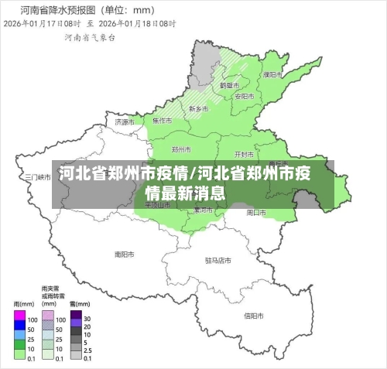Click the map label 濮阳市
[x=272, y=75]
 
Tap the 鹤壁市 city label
[x=230, y=85]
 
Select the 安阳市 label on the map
[x=245, y=96]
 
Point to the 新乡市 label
[x=199, y=110]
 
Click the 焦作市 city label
[x=163, y=121]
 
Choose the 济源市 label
[x=125, y=121]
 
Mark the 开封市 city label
[x=245, y=154]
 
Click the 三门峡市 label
[x=38, y=176]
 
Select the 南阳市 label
[x=125, y=253]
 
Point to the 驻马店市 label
[x=218, y=261]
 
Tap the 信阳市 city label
[x=254, y=316]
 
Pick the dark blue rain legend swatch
[x=20, y=329]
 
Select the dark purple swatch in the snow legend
[x=76, y=316]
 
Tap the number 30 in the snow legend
[x=87, y=319]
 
